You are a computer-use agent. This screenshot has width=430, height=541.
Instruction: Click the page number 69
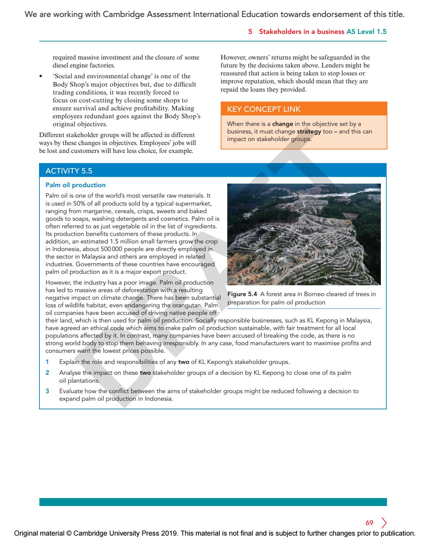coord(369,523)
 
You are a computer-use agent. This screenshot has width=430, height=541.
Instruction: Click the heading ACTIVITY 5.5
coord(69,171)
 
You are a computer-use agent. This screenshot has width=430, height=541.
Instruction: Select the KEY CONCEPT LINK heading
coord(264,109)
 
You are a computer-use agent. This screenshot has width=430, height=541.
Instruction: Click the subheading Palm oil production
coord(76,185)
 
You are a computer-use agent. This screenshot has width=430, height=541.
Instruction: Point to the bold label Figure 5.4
coord(242,294)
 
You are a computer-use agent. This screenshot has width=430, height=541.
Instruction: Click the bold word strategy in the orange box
coord(309,132)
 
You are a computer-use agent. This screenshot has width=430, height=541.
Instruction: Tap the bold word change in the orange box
coord(283,124)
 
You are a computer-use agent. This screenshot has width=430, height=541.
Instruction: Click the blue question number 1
coord(47,362)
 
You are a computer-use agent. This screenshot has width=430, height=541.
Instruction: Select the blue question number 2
coord(47,373)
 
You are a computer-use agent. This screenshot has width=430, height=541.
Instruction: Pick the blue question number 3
coord(47,391)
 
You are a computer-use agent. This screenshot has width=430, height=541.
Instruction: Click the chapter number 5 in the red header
coord(250,32)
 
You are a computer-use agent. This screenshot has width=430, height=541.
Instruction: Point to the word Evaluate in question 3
coord(71,391)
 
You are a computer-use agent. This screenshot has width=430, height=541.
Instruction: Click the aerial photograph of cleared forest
coord(304,234)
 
